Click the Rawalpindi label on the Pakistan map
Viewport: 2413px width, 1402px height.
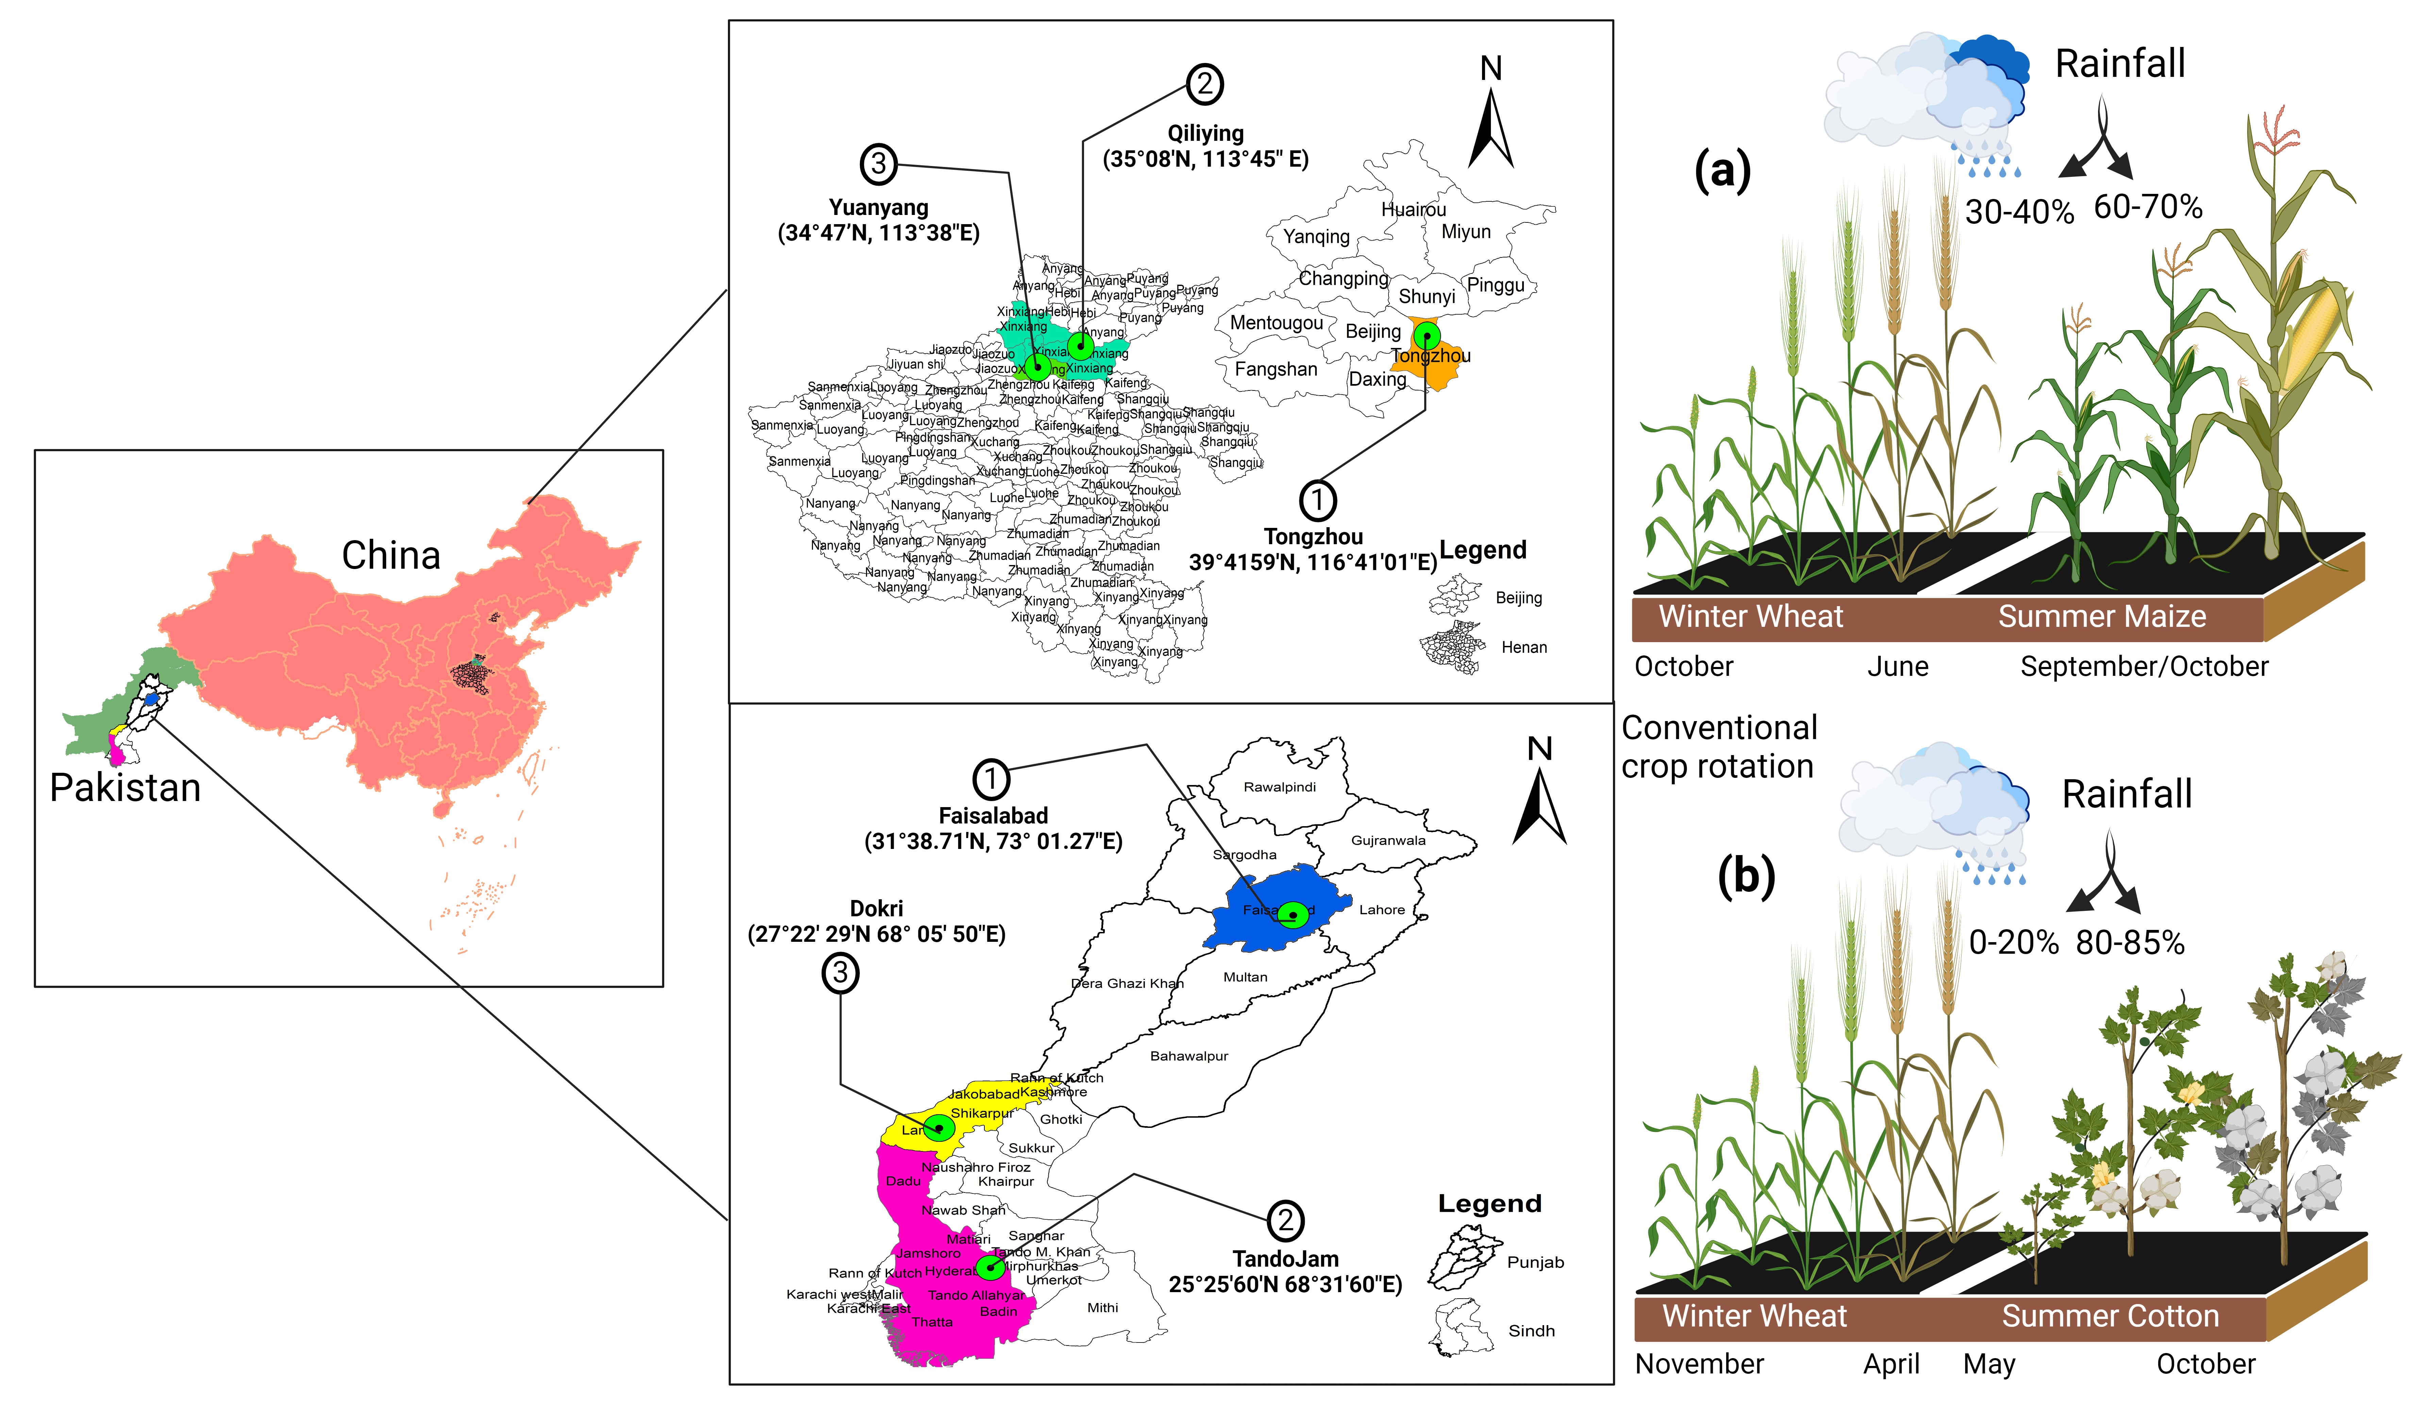tap(1279, 787)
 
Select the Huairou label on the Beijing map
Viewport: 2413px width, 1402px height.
tap(1413, 210)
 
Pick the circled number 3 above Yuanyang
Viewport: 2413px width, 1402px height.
tap(878, 164)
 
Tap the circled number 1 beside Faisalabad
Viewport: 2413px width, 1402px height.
tap(991, 779)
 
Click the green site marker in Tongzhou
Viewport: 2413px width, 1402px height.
tap(1427, 335)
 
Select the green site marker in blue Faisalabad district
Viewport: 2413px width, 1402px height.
tap(1293, 915)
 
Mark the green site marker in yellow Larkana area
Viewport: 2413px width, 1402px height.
tap(939, 1127)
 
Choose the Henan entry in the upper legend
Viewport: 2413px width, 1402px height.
tap(1524, 647)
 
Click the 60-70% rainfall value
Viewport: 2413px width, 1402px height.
tap(2148, 207)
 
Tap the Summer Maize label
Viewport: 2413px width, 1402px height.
tap(2102, 617)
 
